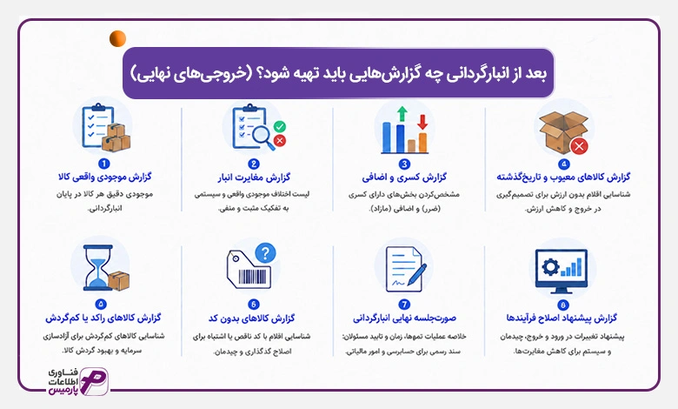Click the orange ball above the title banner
click(117, 39)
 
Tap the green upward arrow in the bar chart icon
click(402, 114)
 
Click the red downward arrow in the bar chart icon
click(422, 123)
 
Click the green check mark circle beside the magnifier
click(280, 127)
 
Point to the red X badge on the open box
click(579, 146)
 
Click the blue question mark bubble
click(265, 252)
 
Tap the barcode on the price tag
click(253, 277)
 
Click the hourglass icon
click(99, 267)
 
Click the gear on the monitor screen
click(550, 267)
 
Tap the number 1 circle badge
click(103, 164)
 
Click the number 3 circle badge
click(404, 164)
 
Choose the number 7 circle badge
click(404, 305)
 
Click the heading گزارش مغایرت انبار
click(254, 178)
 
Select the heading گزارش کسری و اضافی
click(404, 178)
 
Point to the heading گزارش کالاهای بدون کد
click(252, 318)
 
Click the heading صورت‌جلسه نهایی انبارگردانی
click(404, 318)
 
